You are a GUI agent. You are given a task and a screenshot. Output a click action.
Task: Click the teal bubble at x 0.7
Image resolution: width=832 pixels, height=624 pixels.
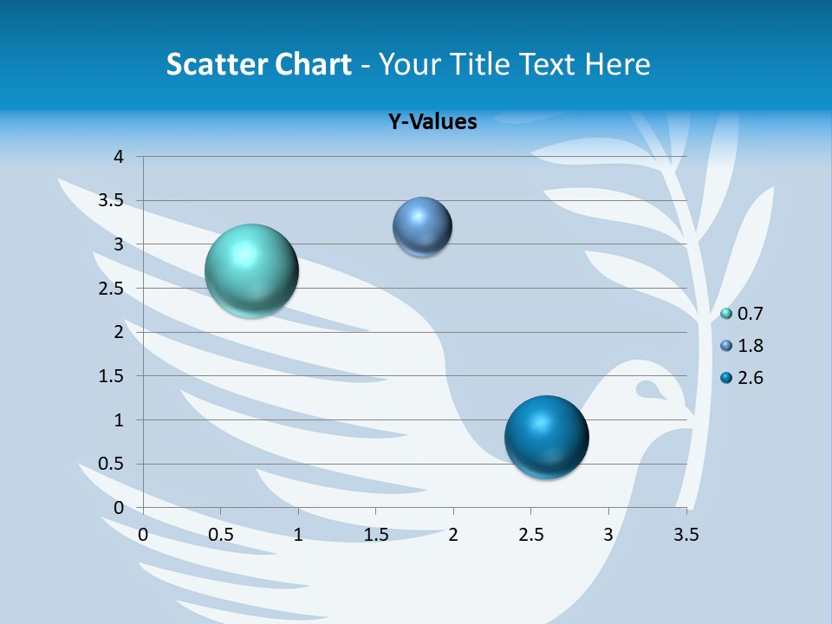[252, 270]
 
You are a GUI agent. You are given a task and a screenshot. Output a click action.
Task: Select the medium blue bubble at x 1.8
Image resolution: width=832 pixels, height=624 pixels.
[422, 227]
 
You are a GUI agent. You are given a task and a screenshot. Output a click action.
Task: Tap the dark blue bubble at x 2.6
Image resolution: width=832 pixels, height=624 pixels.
[546, 437]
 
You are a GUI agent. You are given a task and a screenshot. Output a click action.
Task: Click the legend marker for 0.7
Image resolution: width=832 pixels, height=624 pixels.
[726, 314]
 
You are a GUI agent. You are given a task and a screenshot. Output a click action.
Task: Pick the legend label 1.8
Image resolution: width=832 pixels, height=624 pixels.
[750, 346]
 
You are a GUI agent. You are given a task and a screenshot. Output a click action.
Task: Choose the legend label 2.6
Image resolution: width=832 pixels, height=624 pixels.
[750, 378]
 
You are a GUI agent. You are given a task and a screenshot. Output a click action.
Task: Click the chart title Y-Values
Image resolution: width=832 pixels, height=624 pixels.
[432, 122]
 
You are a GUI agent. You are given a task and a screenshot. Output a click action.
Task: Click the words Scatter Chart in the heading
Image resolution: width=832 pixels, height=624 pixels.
[258, 64]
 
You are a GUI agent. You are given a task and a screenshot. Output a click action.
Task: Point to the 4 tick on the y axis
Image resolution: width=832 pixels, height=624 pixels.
[120, 157]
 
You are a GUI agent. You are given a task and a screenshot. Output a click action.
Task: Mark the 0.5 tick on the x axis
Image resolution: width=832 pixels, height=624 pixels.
[221, 534]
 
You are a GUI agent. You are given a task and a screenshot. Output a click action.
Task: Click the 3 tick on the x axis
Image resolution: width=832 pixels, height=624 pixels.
[608, 534]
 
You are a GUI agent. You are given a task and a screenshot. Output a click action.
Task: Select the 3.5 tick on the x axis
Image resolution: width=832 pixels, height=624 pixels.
[686, 534]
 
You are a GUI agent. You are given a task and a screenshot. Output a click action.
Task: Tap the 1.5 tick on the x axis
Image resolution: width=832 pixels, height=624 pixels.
[375, 534]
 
